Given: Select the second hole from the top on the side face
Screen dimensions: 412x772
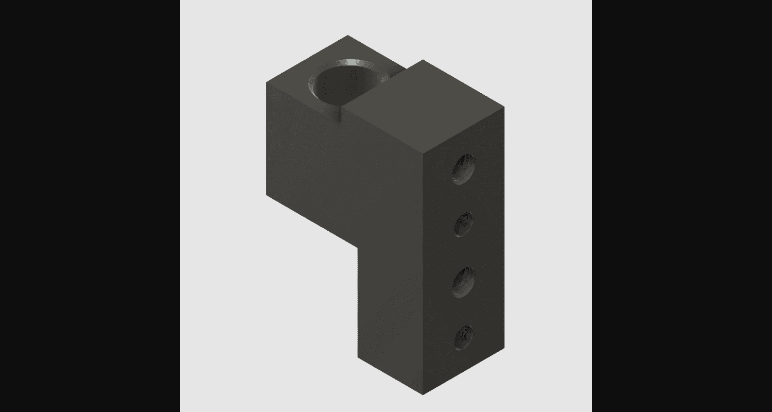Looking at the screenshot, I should point(464,225).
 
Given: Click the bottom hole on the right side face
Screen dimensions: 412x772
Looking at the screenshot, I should point(464,339).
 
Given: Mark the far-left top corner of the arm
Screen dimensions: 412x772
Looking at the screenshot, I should point(267,82).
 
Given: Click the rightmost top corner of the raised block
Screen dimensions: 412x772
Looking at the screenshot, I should point(504,107).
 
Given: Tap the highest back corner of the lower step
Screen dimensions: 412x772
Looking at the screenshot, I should point(348,36).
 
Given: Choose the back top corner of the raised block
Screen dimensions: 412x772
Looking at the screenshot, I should point(423,60).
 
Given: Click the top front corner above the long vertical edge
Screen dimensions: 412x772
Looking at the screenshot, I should point(423,154).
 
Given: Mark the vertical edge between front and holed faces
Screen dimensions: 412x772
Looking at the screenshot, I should point(423,273).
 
